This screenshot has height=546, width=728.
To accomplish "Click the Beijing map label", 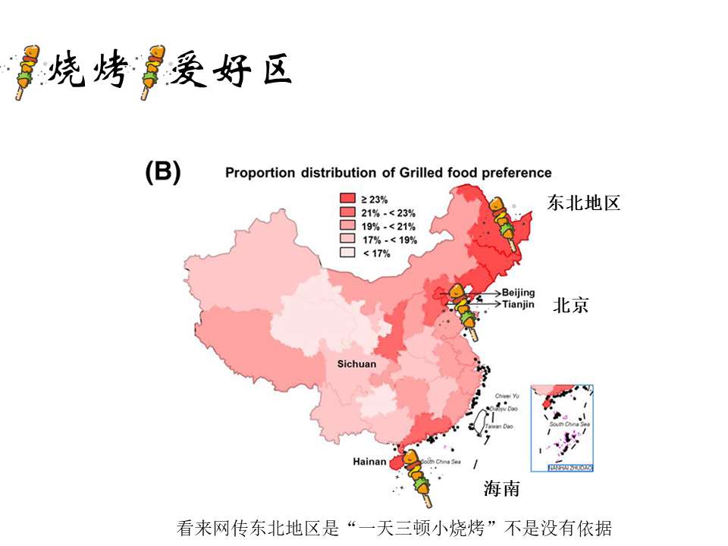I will pyautogui.click(x=518, y=293).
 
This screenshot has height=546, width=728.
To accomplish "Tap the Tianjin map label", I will pyautogui.click(x=519, y=304).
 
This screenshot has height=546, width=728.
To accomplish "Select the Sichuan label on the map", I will pyautogui.click(x=356, y=364).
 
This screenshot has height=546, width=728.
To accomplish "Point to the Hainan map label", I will pyautogui.click(x=369, y=461).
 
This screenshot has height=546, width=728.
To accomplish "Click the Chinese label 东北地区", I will pyautogui.click(x=584, y=202).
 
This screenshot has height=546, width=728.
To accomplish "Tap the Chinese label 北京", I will pyautogui.click(x=570, y=306).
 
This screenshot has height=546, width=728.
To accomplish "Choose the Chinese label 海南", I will pyautogui.click(x=502, y=489).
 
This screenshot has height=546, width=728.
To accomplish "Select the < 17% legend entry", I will pyautogui.click(x=375, y=253).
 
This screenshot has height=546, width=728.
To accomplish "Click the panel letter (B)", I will pyautogui.click(x=163, y=173).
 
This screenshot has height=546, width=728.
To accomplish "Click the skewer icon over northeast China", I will pyautogui.click(x=504, y=222).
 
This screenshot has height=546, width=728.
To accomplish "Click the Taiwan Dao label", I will pyautogui.click(x=498, y=427).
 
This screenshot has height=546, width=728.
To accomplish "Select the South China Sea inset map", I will pyautogui.click(x=562, y=428).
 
